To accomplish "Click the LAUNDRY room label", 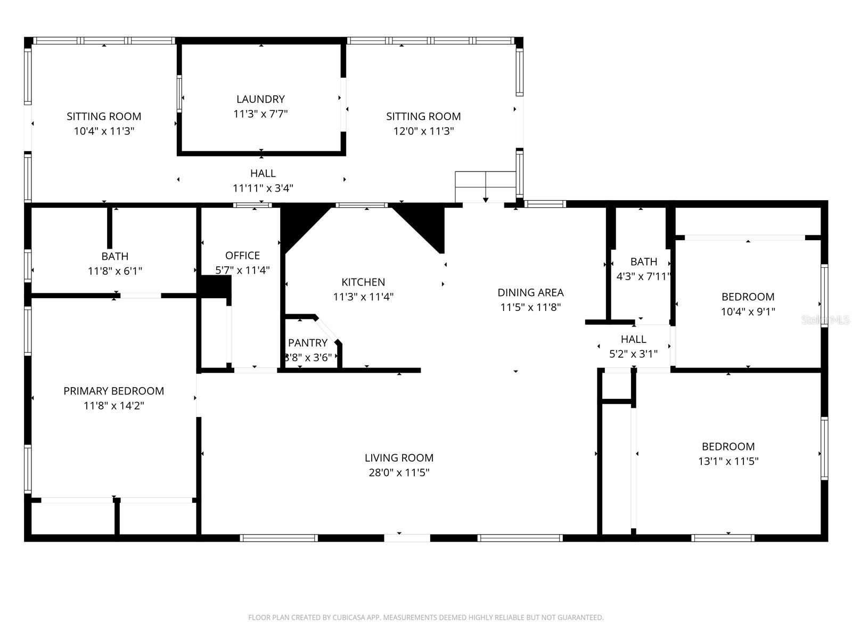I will pyautogui.click(x=260, y=99).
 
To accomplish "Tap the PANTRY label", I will pyautogui.click(x=307, y=343).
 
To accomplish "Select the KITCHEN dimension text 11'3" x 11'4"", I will pyautogui.click(x=363, y=297).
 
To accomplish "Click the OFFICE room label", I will pyautogui.click(x=242, y=256).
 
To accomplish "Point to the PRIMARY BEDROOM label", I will pyautogui.click(x=113, y=391).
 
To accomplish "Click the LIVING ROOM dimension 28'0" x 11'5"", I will pyautogui.click(x=399, y=472).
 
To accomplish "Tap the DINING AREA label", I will pyautogui.click(x=530, y=292).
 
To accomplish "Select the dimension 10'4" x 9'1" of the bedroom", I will pyautogui.click(x=748, y=312).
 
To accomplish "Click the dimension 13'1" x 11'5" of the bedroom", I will pyautogui.click(x=728, y=461).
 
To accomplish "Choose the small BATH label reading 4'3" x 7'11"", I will pyautogui.click(x=643, y=262).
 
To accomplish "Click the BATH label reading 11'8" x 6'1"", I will pyautogui.click(x=115, y=257).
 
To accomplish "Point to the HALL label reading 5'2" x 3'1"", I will pyautogui.click(x=633, y=339).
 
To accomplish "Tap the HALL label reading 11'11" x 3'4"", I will pyautogui.click(x=263, y=174).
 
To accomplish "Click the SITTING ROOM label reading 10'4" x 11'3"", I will pyautogui.click(x=104, y=117).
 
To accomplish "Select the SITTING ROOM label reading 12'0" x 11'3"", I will pyautogui.click(x=423, y=117).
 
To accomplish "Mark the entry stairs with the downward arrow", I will pyautogui.click(x=485, y=187).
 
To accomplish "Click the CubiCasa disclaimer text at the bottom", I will pyautogui.click(x=425, y=618).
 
